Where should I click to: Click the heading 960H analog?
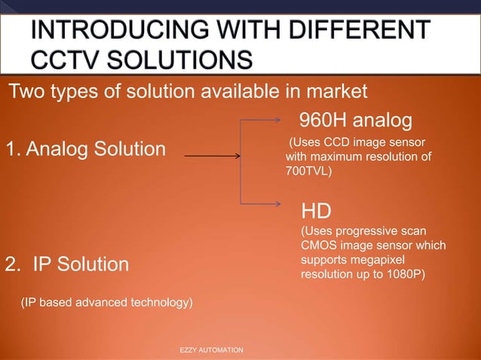point(356,121)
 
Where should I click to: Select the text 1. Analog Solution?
point(86,149)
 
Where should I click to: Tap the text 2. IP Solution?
point(67,264)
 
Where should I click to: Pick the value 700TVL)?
point(309,171)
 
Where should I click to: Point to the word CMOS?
point(320,246)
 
